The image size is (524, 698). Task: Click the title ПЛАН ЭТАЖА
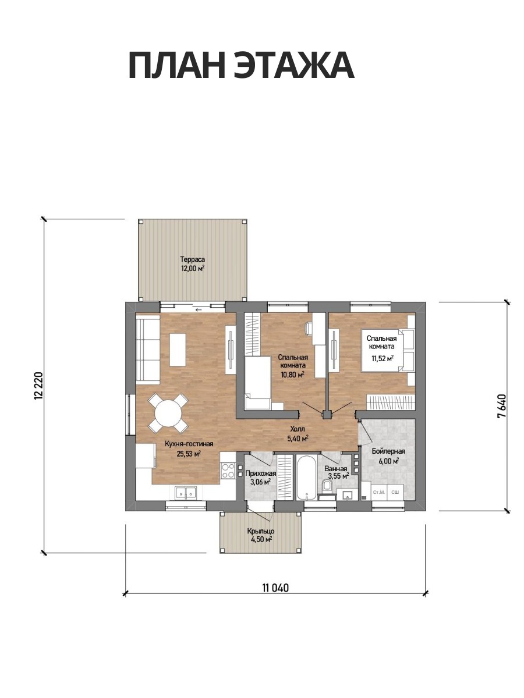[241, 66]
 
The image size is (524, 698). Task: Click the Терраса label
[192, 258]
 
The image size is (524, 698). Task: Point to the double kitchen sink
[186, 493]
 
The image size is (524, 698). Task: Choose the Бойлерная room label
[388, 451]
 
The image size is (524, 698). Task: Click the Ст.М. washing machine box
[379, 493]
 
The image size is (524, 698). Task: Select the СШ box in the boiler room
[395, 493]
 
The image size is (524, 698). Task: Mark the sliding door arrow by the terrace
[199, 309]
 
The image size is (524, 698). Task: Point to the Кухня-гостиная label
[189, 444]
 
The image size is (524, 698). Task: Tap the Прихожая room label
[261, 473]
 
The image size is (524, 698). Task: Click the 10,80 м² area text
[292, 375]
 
